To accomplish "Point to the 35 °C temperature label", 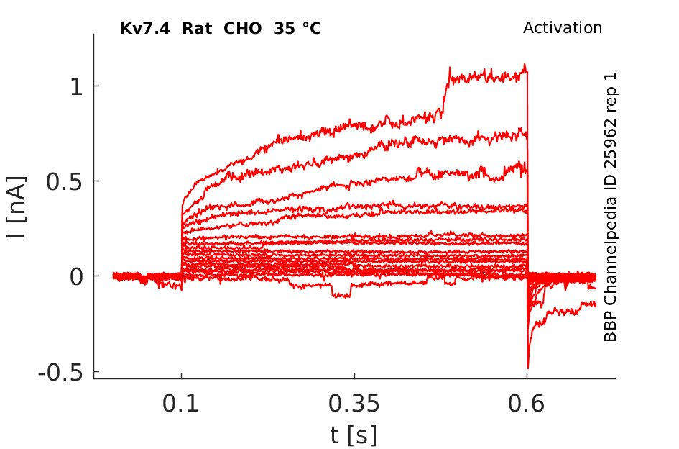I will (x=297, y=29).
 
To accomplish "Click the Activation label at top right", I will (x=562, y=28).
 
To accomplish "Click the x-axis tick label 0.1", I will (x=181, y=404).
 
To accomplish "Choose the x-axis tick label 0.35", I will (x=354, y=404).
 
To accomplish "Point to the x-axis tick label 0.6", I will (x=527, y=404).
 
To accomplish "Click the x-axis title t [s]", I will (x=354, y=434).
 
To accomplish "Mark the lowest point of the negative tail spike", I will (x=528, y=368).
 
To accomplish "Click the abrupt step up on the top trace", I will (x=445, y=94).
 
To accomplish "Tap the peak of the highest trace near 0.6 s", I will (x=525, y=65).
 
